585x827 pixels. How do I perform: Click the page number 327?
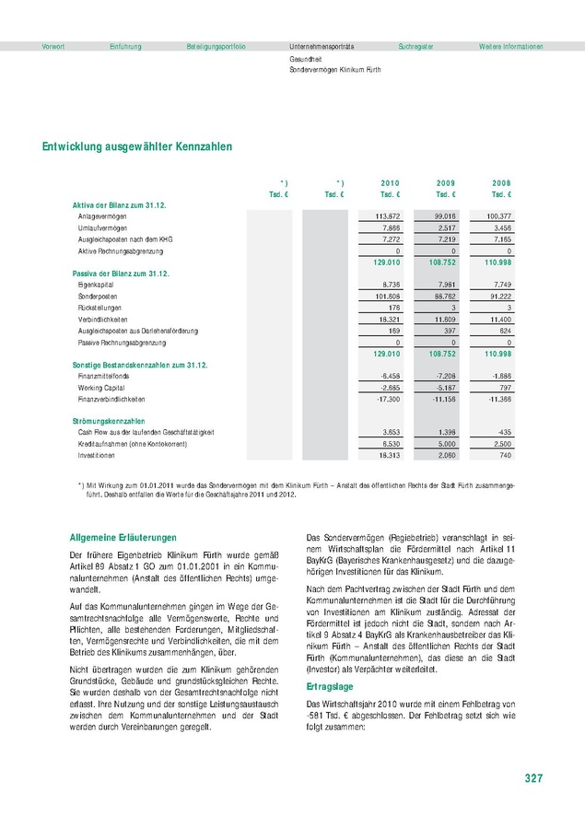[x=532, y=778]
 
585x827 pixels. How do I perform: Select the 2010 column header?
[x=390, y=183]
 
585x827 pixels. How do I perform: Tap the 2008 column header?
[x=500, y=183]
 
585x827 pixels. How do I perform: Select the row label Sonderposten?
[x=97, y=297]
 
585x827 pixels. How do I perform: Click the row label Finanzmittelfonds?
[x=104, y=377]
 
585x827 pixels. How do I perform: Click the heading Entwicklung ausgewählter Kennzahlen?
[x=136, y=146]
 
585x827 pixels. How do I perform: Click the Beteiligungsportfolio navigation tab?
[x=216, y=46]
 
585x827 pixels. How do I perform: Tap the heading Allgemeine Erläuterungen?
[x=123, y=537]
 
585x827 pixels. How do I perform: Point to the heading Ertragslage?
[x=328, y=687]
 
